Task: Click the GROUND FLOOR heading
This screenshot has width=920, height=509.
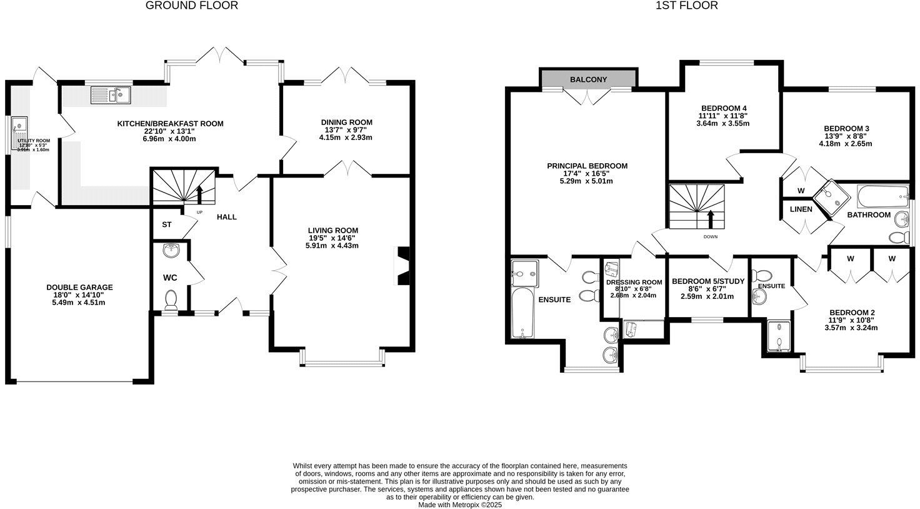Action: (192, 6)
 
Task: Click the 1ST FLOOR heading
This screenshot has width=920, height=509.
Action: (686, 6)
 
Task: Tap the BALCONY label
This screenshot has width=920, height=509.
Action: (588, 79)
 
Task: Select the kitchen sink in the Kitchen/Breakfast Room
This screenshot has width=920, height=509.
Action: (109, 95)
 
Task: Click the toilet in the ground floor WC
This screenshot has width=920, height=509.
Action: (171, 301)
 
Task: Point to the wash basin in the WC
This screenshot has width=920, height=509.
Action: (170, 251)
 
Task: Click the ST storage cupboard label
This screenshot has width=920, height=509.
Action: (167, 224)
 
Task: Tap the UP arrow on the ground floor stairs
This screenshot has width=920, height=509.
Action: (200, 194)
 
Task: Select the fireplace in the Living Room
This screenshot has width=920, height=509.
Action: (403, 266)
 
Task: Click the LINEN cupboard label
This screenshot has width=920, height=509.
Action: (801, 209)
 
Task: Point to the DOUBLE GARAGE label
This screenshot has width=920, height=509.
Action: (79, 288)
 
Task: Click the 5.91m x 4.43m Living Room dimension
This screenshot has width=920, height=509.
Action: (332, 246)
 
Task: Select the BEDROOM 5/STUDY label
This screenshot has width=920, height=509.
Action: (708, 281)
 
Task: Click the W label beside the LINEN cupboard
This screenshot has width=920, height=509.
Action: (801, 191)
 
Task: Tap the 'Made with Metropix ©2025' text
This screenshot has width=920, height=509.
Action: (459, 505)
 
